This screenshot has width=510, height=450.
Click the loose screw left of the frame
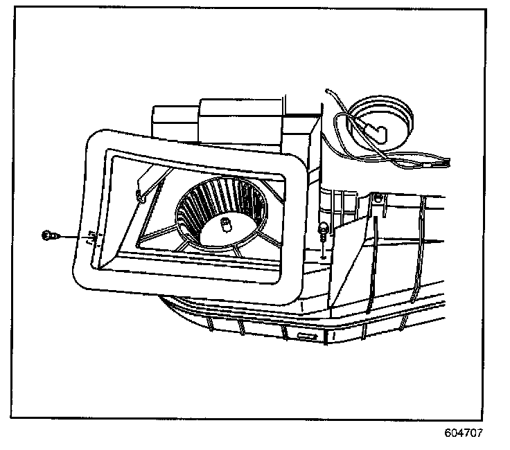coord(47,236)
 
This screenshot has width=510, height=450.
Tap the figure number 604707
coord(464,433)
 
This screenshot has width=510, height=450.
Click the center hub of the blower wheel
coord(225,223)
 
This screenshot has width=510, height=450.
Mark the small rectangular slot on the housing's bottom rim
coord(305,335)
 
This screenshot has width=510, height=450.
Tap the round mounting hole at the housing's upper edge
coord(378,200)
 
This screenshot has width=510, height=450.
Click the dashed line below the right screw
coord(323,248)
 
